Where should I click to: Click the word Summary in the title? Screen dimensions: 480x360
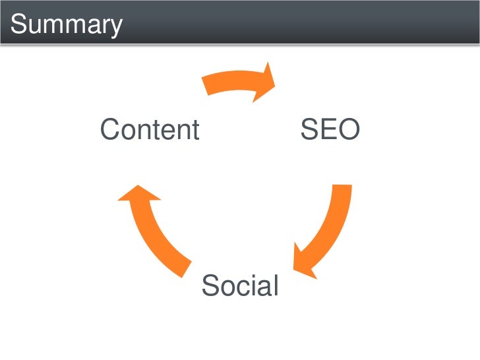click(67, 25)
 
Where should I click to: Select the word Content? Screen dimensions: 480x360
click(149, 130)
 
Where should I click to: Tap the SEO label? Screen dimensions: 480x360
click(330, 130)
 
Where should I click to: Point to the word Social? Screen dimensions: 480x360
click(240, 286)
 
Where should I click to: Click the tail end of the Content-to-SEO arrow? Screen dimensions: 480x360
click(206, 84)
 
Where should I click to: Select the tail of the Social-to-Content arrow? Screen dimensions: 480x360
click(185, 267)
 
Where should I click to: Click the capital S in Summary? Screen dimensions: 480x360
click(19, 25)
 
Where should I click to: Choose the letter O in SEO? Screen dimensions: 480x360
click(348, 130)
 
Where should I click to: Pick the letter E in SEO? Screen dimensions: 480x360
click(328, 130)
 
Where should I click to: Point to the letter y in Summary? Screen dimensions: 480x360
click(115, 28)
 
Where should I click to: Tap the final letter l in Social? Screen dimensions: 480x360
click(276, 286)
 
